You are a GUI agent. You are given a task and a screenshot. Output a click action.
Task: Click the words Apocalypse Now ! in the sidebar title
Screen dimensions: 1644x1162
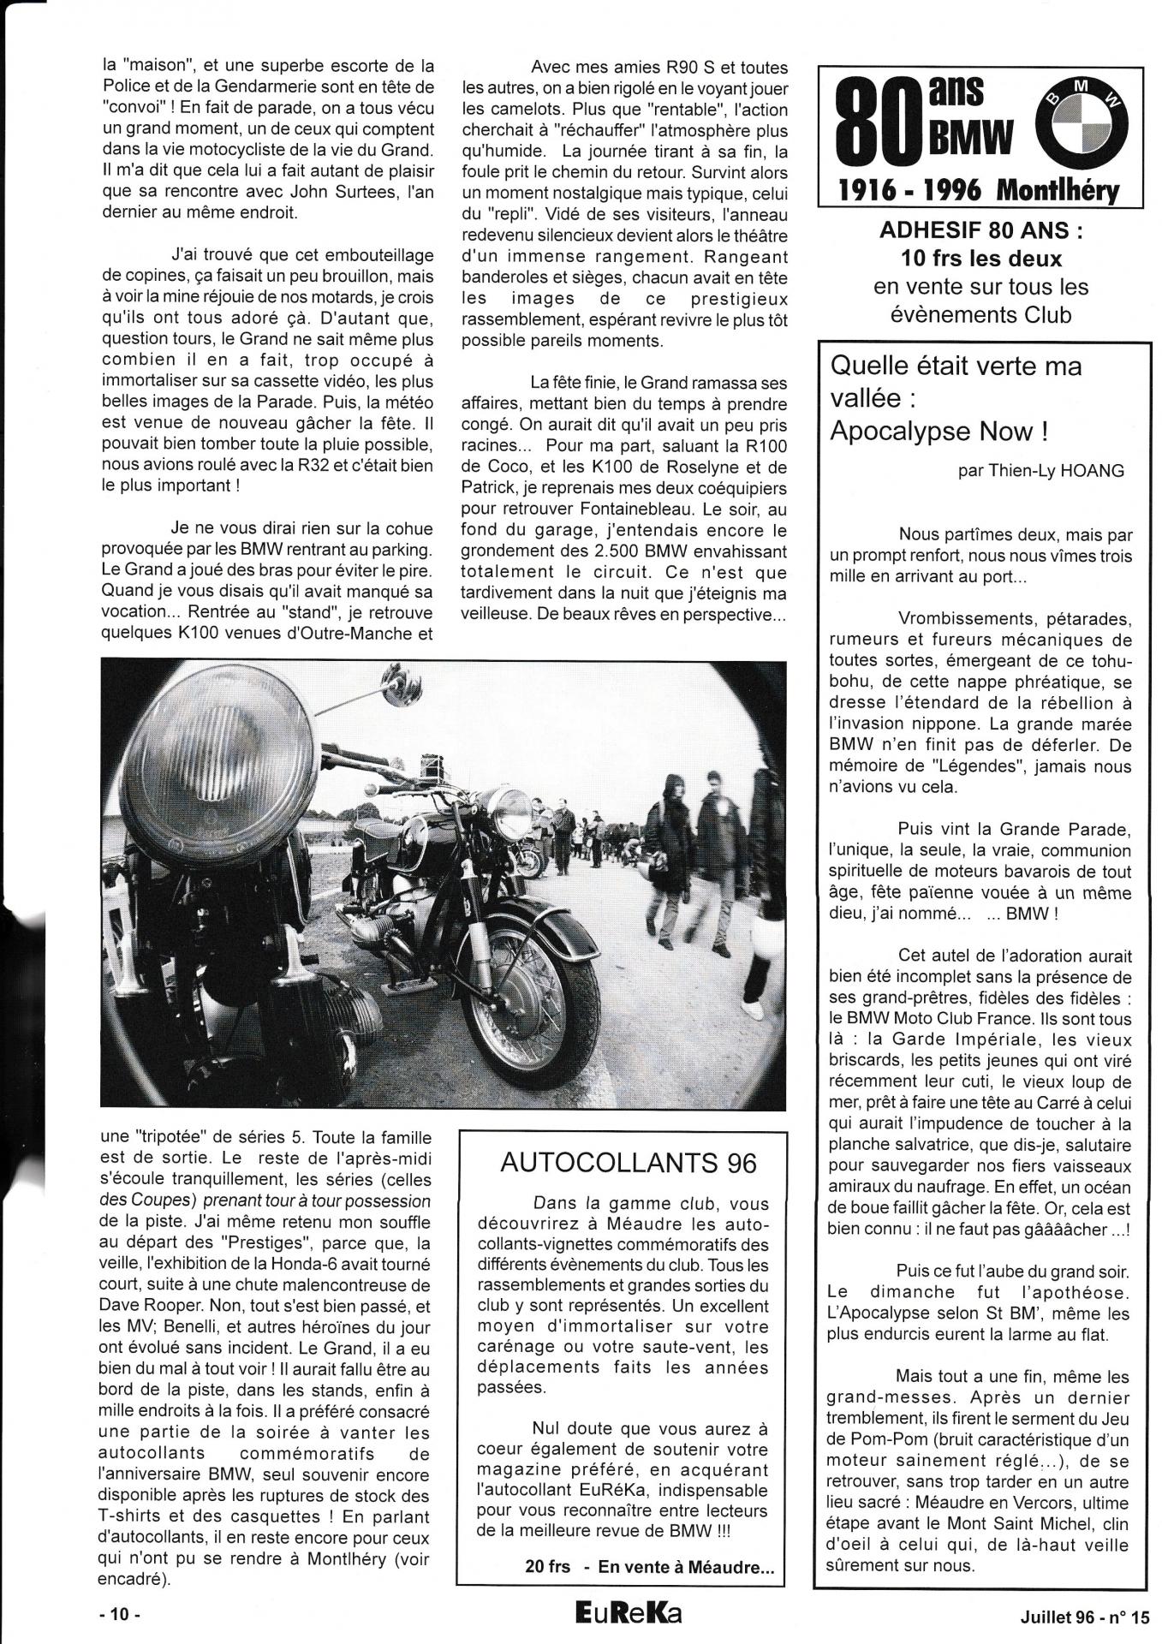[x=939, y=431]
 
